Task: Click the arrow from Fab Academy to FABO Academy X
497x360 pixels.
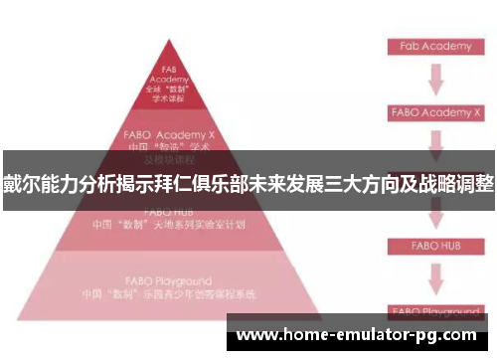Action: (x=434, y=80)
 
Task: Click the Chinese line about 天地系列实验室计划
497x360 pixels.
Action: (x=169, y=224)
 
